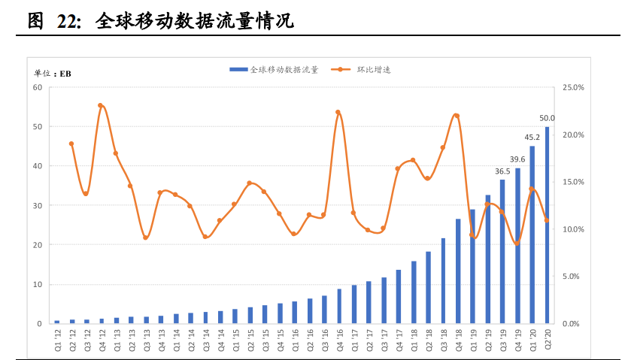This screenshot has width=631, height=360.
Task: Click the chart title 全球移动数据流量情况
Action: coord(194,22)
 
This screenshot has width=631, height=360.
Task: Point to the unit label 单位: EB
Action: coord(52,73)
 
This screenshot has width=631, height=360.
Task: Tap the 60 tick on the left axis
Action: coord(38,87)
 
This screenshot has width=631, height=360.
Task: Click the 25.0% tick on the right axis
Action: coord(573,88)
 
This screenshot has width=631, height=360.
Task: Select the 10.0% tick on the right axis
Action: coord(573,229)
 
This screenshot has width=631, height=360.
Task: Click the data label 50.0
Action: coord(548,118)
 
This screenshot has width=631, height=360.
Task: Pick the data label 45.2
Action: coord(532,137)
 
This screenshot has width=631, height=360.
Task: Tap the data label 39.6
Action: coord(517,159)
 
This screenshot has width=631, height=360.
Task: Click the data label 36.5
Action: coord(502,171)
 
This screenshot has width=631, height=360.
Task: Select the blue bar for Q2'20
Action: coord(548,225)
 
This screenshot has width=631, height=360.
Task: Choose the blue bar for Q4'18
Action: coord(458,271)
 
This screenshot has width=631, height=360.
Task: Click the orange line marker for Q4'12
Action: coord(101,106)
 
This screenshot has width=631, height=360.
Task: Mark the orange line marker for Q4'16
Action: coord(338,112)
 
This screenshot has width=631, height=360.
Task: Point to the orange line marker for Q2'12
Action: coord(71,144)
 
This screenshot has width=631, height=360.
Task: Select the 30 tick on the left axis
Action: coord(38,205)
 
